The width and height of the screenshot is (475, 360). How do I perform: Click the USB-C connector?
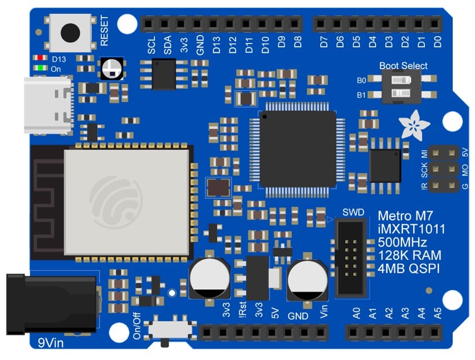48,105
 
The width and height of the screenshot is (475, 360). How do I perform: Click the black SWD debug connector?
351,257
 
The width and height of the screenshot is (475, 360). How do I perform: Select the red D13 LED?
40,58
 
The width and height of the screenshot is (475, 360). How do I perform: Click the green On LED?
40,68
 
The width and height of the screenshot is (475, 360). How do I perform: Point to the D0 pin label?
438,41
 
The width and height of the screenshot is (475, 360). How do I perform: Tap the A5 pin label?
438,314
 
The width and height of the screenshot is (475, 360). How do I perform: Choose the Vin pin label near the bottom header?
325,313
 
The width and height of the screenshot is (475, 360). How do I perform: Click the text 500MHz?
402,243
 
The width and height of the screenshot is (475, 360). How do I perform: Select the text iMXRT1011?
411,229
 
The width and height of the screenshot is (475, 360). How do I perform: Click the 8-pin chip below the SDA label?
164,74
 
